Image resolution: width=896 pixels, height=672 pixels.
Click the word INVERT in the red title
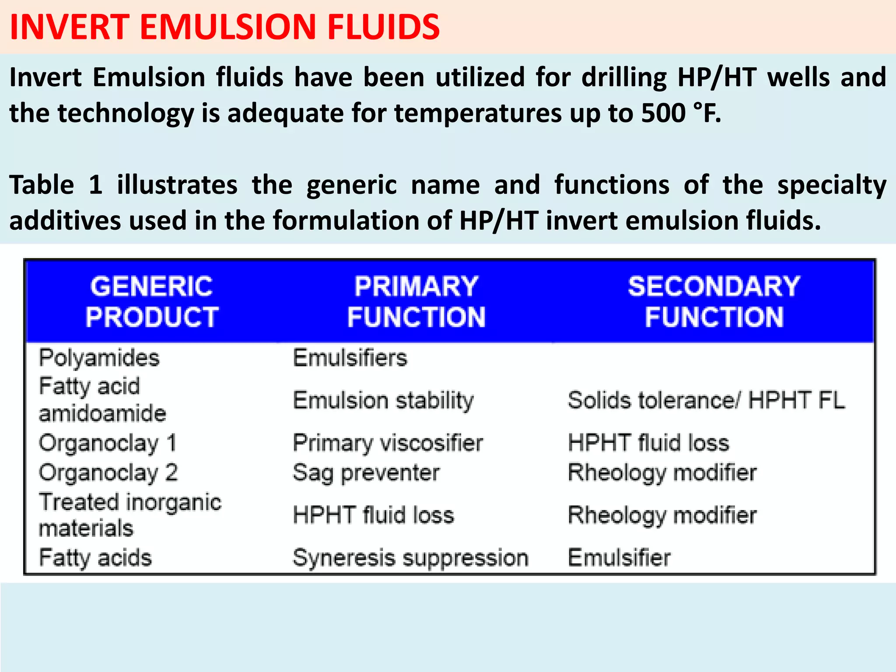(x=70, y=27)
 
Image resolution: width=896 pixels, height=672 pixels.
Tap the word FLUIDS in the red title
(x=383, y=27)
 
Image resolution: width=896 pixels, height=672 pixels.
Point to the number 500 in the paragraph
(x=663, y=113)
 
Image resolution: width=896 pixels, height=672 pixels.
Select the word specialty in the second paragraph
(x=831, y=185)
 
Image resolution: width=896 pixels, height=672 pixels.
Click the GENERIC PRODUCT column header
(x=152, y=301)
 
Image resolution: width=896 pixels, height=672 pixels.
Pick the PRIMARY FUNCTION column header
(x=416, y=301)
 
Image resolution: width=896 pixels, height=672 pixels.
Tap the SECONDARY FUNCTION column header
(x=714, y=301)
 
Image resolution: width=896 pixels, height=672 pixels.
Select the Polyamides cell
(x=99, y=358)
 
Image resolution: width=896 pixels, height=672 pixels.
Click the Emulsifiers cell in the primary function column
(x=350, y=358)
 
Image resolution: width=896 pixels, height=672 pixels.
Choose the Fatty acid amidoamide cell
(x=102, y=400)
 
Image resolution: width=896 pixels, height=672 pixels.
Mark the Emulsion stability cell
(x=383, y=401)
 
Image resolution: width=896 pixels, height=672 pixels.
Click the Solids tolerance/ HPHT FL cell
(x=706, y=400)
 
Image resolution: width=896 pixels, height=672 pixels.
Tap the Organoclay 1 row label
(x=108, y=443)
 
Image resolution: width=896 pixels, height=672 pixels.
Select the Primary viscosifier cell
(x=388, y=443)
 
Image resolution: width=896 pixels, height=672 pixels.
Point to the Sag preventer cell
(x=366, y=473)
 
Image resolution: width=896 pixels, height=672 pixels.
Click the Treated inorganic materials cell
(x=130, y=515)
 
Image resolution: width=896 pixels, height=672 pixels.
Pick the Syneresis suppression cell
(x=410, y=558)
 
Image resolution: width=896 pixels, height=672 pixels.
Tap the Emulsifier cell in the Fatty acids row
(x=619, y=558)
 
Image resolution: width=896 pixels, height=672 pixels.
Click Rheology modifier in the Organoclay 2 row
(x=662, y=473)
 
